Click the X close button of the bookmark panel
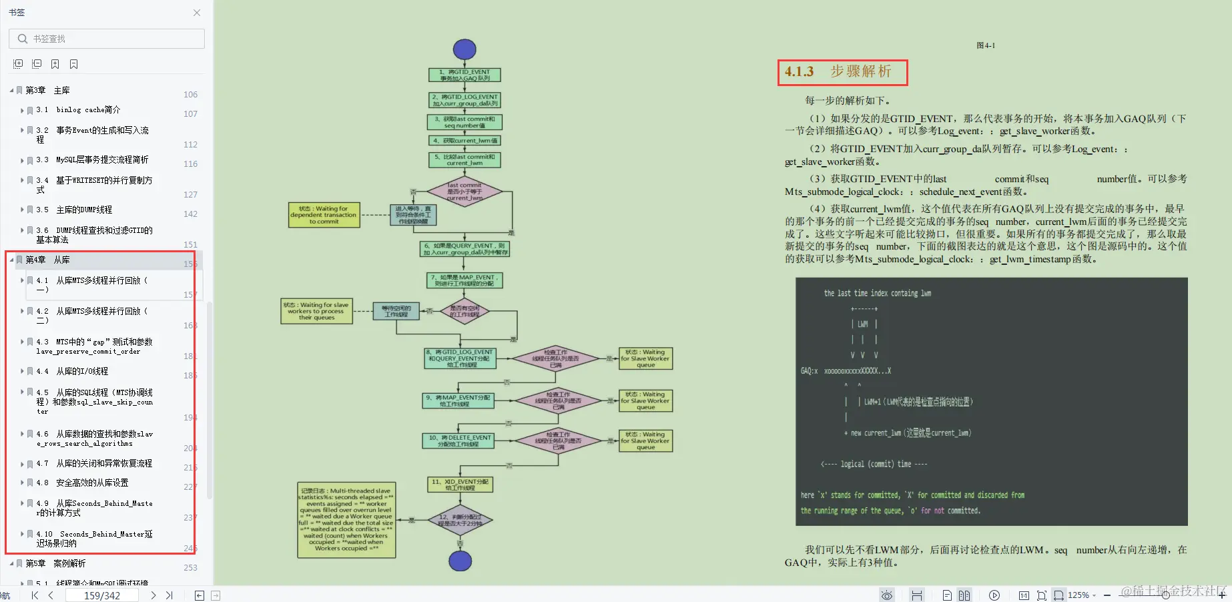(x=197, y=13)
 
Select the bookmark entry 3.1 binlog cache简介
(x=88, y=110)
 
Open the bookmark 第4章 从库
(x=47, y=260)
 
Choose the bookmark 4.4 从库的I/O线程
(x=82, y=371)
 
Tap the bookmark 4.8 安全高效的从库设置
(x=92, y=483)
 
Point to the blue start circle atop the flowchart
(x=465, y=49)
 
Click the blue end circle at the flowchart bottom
(x=460, y=561)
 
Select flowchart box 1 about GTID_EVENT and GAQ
(x=465, y=75)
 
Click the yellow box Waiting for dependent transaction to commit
(x=324, y=215)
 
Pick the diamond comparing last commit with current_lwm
(x=465, y=192)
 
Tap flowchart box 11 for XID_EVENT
(x=460, y=485)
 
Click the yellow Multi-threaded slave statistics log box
(x=346, y=520)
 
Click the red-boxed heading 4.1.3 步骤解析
(x=842, y=71)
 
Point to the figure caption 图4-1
(x=985, y=45)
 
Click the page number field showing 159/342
(x=101, y=595)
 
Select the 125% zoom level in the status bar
(x=1079, y=595)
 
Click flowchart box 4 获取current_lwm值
(x=465, y=141)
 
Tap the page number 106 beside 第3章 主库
(x=190, y=95)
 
